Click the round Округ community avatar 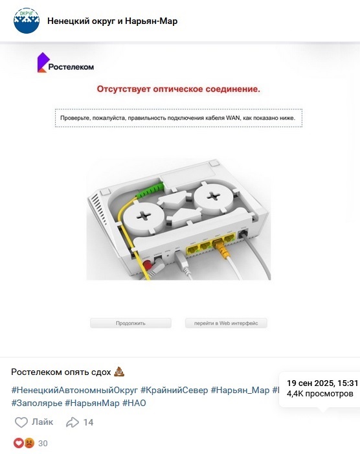click(27, 21)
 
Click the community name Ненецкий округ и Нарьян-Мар click(112, 21)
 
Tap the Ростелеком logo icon click(42, 62)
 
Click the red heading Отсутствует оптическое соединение click(178, 89)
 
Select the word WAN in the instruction click(233, 118)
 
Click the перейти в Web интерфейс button click(226, 323)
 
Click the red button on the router click(148, 264)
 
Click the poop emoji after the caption click(119, 372)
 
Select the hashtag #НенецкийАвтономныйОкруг click(74, 390)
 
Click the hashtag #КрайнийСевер click(174, 390)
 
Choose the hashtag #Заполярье click(37, 403)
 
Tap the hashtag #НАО click(134, 403)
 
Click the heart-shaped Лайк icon click(21, 422)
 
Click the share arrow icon click(73, 422)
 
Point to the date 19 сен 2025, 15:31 click(322, 383)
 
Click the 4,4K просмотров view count click(320, 394)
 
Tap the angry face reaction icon click(29, 443)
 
